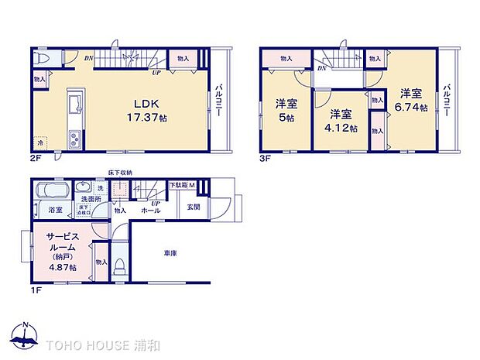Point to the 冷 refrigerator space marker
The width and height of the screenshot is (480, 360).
[x=39, y=144]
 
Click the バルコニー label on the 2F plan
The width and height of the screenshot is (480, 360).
[x=219, y=101]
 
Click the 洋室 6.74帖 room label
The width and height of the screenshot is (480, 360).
[x=411, y=101]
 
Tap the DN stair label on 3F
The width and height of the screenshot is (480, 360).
[x=321, y=68]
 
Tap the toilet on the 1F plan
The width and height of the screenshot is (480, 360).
[x=118, y=266]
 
